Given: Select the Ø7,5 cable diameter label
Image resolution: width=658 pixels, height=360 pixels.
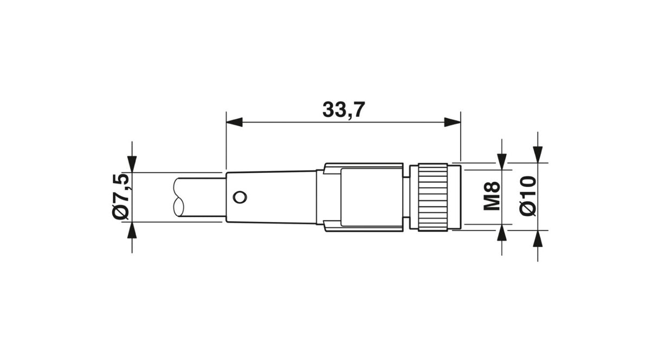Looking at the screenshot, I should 121,197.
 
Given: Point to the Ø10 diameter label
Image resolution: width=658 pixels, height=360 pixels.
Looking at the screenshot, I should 528,196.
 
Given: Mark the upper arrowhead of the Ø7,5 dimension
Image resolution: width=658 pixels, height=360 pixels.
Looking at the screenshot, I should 132,164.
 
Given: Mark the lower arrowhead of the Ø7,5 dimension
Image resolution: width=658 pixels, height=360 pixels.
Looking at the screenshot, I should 132,230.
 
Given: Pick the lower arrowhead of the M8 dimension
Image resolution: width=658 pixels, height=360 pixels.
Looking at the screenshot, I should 502,234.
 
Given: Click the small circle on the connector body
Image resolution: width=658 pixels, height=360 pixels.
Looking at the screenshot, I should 239,197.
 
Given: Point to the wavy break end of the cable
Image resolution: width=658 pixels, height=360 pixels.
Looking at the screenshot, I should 179,197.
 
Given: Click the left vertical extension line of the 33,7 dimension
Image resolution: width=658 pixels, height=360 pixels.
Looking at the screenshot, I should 226,141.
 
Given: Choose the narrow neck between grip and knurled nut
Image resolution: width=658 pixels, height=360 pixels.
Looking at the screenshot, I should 406,197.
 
